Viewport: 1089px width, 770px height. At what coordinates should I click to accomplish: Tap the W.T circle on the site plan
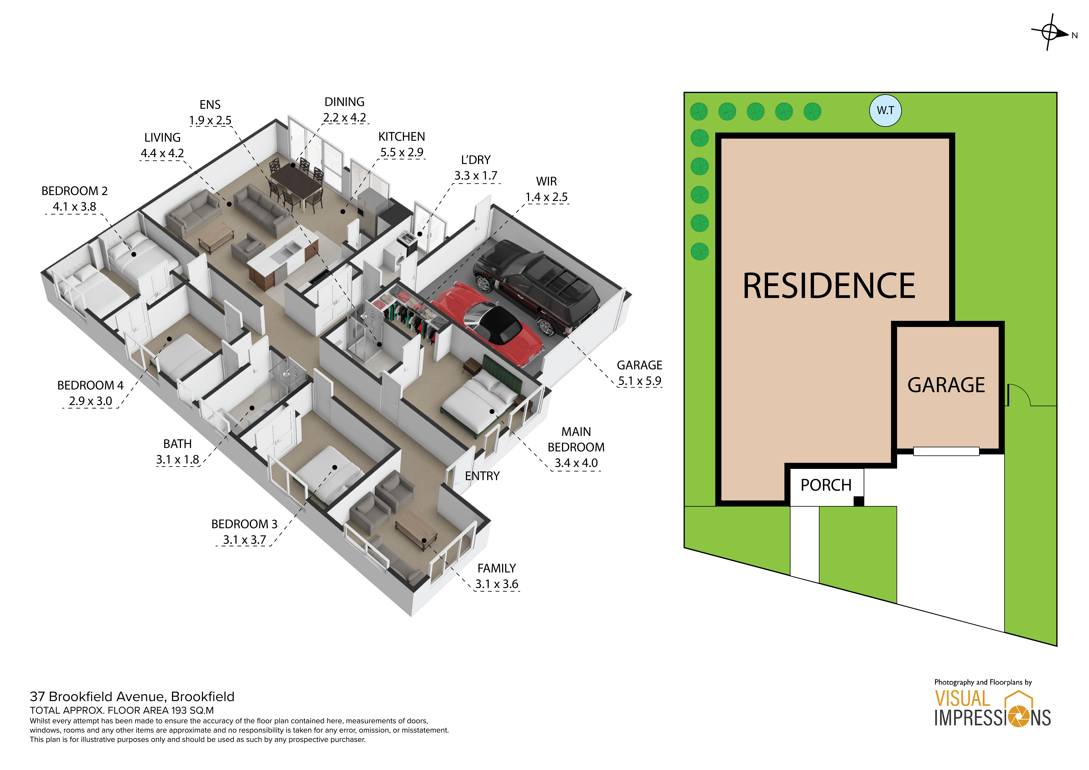pos(885,110)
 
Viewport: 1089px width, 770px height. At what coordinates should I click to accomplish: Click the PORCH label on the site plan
pos(826,485)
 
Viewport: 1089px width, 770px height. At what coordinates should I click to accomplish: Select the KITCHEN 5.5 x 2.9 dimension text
pos(402,152)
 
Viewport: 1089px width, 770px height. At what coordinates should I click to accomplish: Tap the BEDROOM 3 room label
pos(244,524)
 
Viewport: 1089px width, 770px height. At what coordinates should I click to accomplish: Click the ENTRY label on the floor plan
pos(482,476)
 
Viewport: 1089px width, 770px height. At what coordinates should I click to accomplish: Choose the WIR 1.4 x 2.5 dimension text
pos(546,197)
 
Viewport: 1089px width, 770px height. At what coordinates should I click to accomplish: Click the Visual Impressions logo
pos(992,708)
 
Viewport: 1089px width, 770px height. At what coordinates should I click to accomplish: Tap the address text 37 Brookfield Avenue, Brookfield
pos(132,696)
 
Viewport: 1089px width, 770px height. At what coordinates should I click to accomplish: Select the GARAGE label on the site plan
pos(946,385)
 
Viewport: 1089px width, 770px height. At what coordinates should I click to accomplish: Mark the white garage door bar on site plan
pos(946,451)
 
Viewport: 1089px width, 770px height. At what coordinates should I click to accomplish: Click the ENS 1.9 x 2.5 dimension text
pos(210,120)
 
